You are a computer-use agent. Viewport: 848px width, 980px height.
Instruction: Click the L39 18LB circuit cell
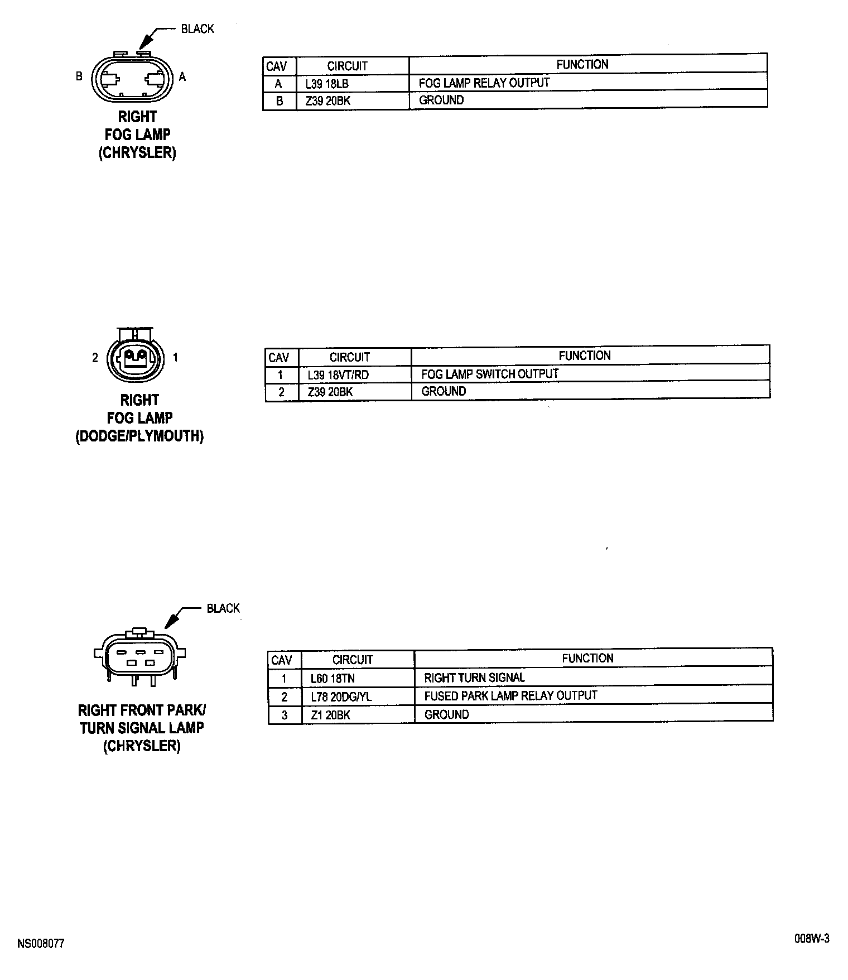pyautogui.click(x=327, y=84)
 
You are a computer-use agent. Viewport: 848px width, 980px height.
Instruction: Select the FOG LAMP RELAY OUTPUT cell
pyautogui.click(x=484, y=83)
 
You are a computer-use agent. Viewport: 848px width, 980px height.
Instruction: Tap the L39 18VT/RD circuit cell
pyautogui.click(x=338, y=375)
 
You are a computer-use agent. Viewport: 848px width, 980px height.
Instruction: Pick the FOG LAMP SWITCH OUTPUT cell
pyautogui.click(x=489, y=374)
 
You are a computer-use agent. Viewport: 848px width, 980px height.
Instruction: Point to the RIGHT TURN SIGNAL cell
pyautogui.click(x=474, y=678)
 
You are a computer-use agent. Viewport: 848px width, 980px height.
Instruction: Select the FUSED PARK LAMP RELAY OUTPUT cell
pyautogui.click(x=510, y=696)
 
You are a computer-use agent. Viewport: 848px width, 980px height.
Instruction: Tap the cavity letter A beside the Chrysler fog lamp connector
pyautogui.click(x=182, y=77)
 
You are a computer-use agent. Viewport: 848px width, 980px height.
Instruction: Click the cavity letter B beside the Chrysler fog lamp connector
pyautogui.click(x=79, y=76)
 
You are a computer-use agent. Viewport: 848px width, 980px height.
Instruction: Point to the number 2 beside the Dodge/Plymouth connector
pyautogui.click(x=95, y=358)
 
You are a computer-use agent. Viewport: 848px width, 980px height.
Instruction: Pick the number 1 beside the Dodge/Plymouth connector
pyautogui.click(x=175, y=357)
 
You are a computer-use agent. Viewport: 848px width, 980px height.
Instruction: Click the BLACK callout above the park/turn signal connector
pyautogui.click(x=223, y=608)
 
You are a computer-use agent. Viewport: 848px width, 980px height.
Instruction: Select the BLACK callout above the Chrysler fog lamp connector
pyautogui.click(x=197, y=29)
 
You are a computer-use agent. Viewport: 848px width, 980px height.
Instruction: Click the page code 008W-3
pyautogui.click(x=812, y=939)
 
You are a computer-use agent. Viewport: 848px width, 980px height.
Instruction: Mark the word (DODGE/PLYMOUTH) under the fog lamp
pyautogui.click(x=139, y=436)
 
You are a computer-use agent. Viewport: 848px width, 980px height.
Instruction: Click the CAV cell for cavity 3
pyautogui.click(x=285, y=715)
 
